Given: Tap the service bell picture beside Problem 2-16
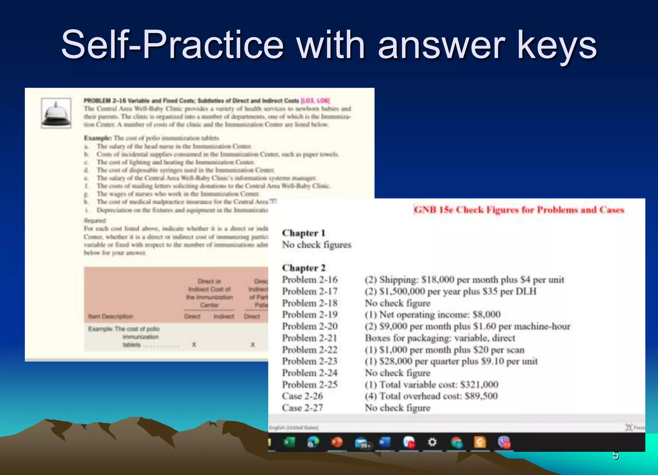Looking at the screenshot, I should pos(56,113).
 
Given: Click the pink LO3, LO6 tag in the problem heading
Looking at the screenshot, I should pos(315,101).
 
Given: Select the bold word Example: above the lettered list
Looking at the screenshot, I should pos(98,138).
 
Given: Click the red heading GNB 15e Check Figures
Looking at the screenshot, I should pos(519,210).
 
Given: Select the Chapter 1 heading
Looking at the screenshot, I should pos(304,233).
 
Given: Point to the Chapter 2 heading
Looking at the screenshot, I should pos(304,268).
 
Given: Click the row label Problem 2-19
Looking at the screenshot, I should pos(310,314).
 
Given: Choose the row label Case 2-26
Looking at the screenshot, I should pos(302,396).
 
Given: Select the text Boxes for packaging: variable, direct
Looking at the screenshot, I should pos(440,338).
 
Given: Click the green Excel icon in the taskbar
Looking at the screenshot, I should pos(289,442).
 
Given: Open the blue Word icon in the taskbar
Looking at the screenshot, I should pos(385,442).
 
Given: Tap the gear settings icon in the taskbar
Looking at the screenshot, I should pos(432,442).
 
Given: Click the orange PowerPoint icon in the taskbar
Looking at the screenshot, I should pos(337,442).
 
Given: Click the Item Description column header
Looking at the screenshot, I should pos(111,316).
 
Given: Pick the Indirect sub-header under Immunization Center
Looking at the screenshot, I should pos(224,316).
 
